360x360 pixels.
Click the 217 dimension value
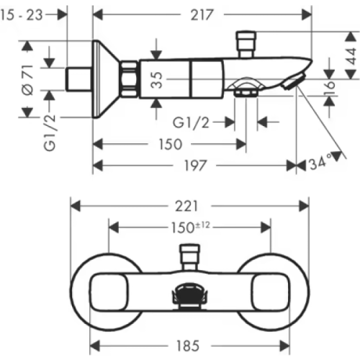click(202, 15)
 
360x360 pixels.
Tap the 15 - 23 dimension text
click(22, 15)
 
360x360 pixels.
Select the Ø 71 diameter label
click(28, 80)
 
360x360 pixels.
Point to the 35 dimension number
click(157, 80)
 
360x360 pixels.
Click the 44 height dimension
click(351, 56)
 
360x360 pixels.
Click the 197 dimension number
click(195, 166)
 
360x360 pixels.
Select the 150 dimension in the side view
click(171, 144)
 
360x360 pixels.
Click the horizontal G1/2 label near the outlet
click(191, 123)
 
